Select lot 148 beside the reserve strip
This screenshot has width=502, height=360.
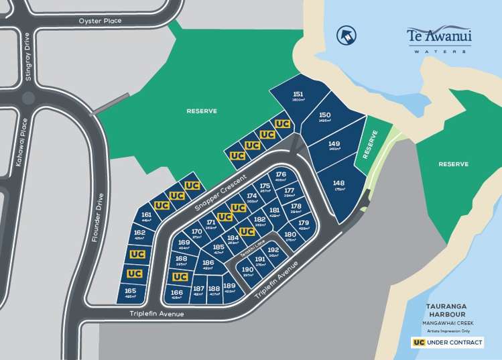coord(338,186)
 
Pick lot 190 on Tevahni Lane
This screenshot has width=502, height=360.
coord(247,272)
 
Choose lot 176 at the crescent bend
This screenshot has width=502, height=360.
coord(281,177)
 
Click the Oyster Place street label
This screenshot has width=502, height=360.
coord(100,21)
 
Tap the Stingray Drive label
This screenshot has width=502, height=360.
coord(27,58)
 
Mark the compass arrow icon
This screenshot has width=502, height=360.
coord(347,35)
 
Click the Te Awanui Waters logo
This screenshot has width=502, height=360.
coord(439,38)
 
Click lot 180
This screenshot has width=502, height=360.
coord(290,237)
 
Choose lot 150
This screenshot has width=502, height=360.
coord(325,118)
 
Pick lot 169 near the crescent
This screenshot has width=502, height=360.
coord(184,245)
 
